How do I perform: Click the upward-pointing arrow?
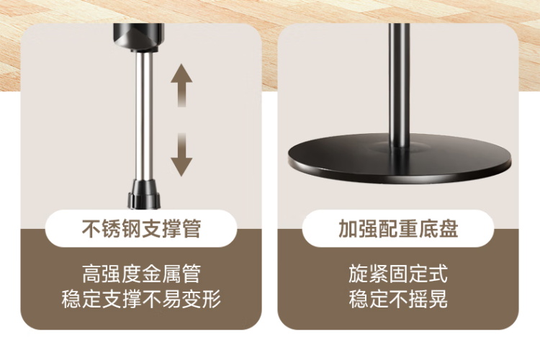(181, 85)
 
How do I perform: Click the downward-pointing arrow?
(181, 155)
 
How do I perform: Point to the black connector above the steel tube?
(138, 37)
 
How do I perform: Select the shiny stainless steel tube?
(144, 116)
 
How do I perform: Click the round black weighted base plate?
(400, 159)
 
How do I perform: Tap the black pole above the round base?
(400, 85)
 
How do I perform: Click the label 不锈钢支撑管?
(141, 228)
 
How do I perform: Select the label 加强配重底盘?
(398, 228)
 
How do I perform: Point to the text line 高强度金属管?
(141, 274)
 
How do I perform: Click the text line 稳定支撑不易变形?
(141, 299)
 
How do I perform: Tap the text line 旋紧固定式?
(398, 274)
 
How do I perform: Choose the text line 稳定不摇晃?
(398, 299)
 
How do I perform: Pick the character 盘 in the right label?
(449, 228)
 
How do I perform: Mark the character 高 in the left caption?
(92, 274)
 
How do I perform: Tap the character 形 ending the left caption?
(211, 299)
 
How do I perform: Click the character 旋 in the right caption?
(359, 274)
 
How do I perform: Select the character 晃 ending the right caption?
(438, 299)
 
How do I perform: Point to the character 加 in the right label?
(348, 228)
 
